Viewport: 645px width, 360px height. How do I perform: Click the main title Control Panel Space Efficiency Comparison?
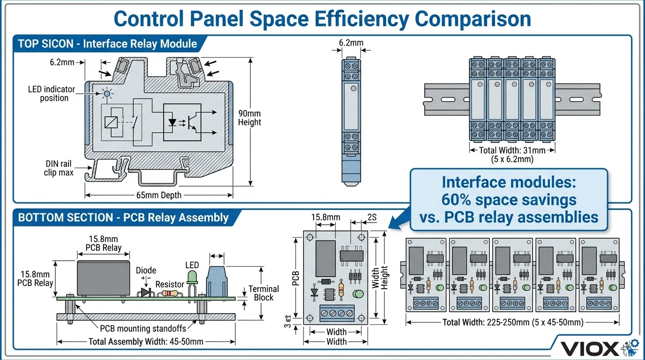coord(322,19)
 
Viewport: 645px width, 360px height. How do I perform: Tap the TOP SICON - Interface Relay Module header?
coord(107,44)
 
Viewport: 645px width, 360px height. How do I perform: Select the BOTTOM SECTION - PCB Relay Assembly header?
coord(123,217)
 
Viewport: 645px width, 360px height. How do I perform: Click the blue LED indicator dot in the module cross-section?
coord(107,94)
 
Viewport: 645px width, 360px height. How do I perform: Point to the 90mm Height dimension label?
coord(249,118)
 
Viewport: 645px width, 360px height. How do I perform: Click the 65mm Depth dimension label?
coord(158,195)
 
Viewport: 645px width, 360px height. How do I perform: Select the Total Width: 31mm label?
coord(512,150)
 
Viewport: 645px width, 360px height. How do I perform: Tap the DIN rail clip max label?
coord(59,168)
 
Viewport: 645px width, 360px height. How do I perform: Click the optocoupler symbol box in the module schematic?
coord(182,122)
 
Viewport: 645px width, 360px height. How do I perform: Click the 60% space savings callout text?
coord(509,200)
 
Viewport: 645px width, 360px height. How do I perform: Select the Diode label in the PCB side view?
coord(146,270)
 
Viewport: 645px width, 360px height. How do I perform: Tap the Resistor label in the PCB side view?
coord(170,284)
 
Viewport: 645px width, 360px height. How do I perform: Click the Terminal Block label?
coord(263,293)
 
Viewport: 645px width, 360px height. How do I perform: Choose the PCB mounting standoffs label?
coord(143,328)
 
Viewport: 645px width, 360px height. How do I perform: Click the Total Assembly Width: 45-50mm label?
coord(146,341)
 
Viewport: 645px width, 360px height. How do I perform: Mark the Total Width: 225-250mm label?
coord(513,322)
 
